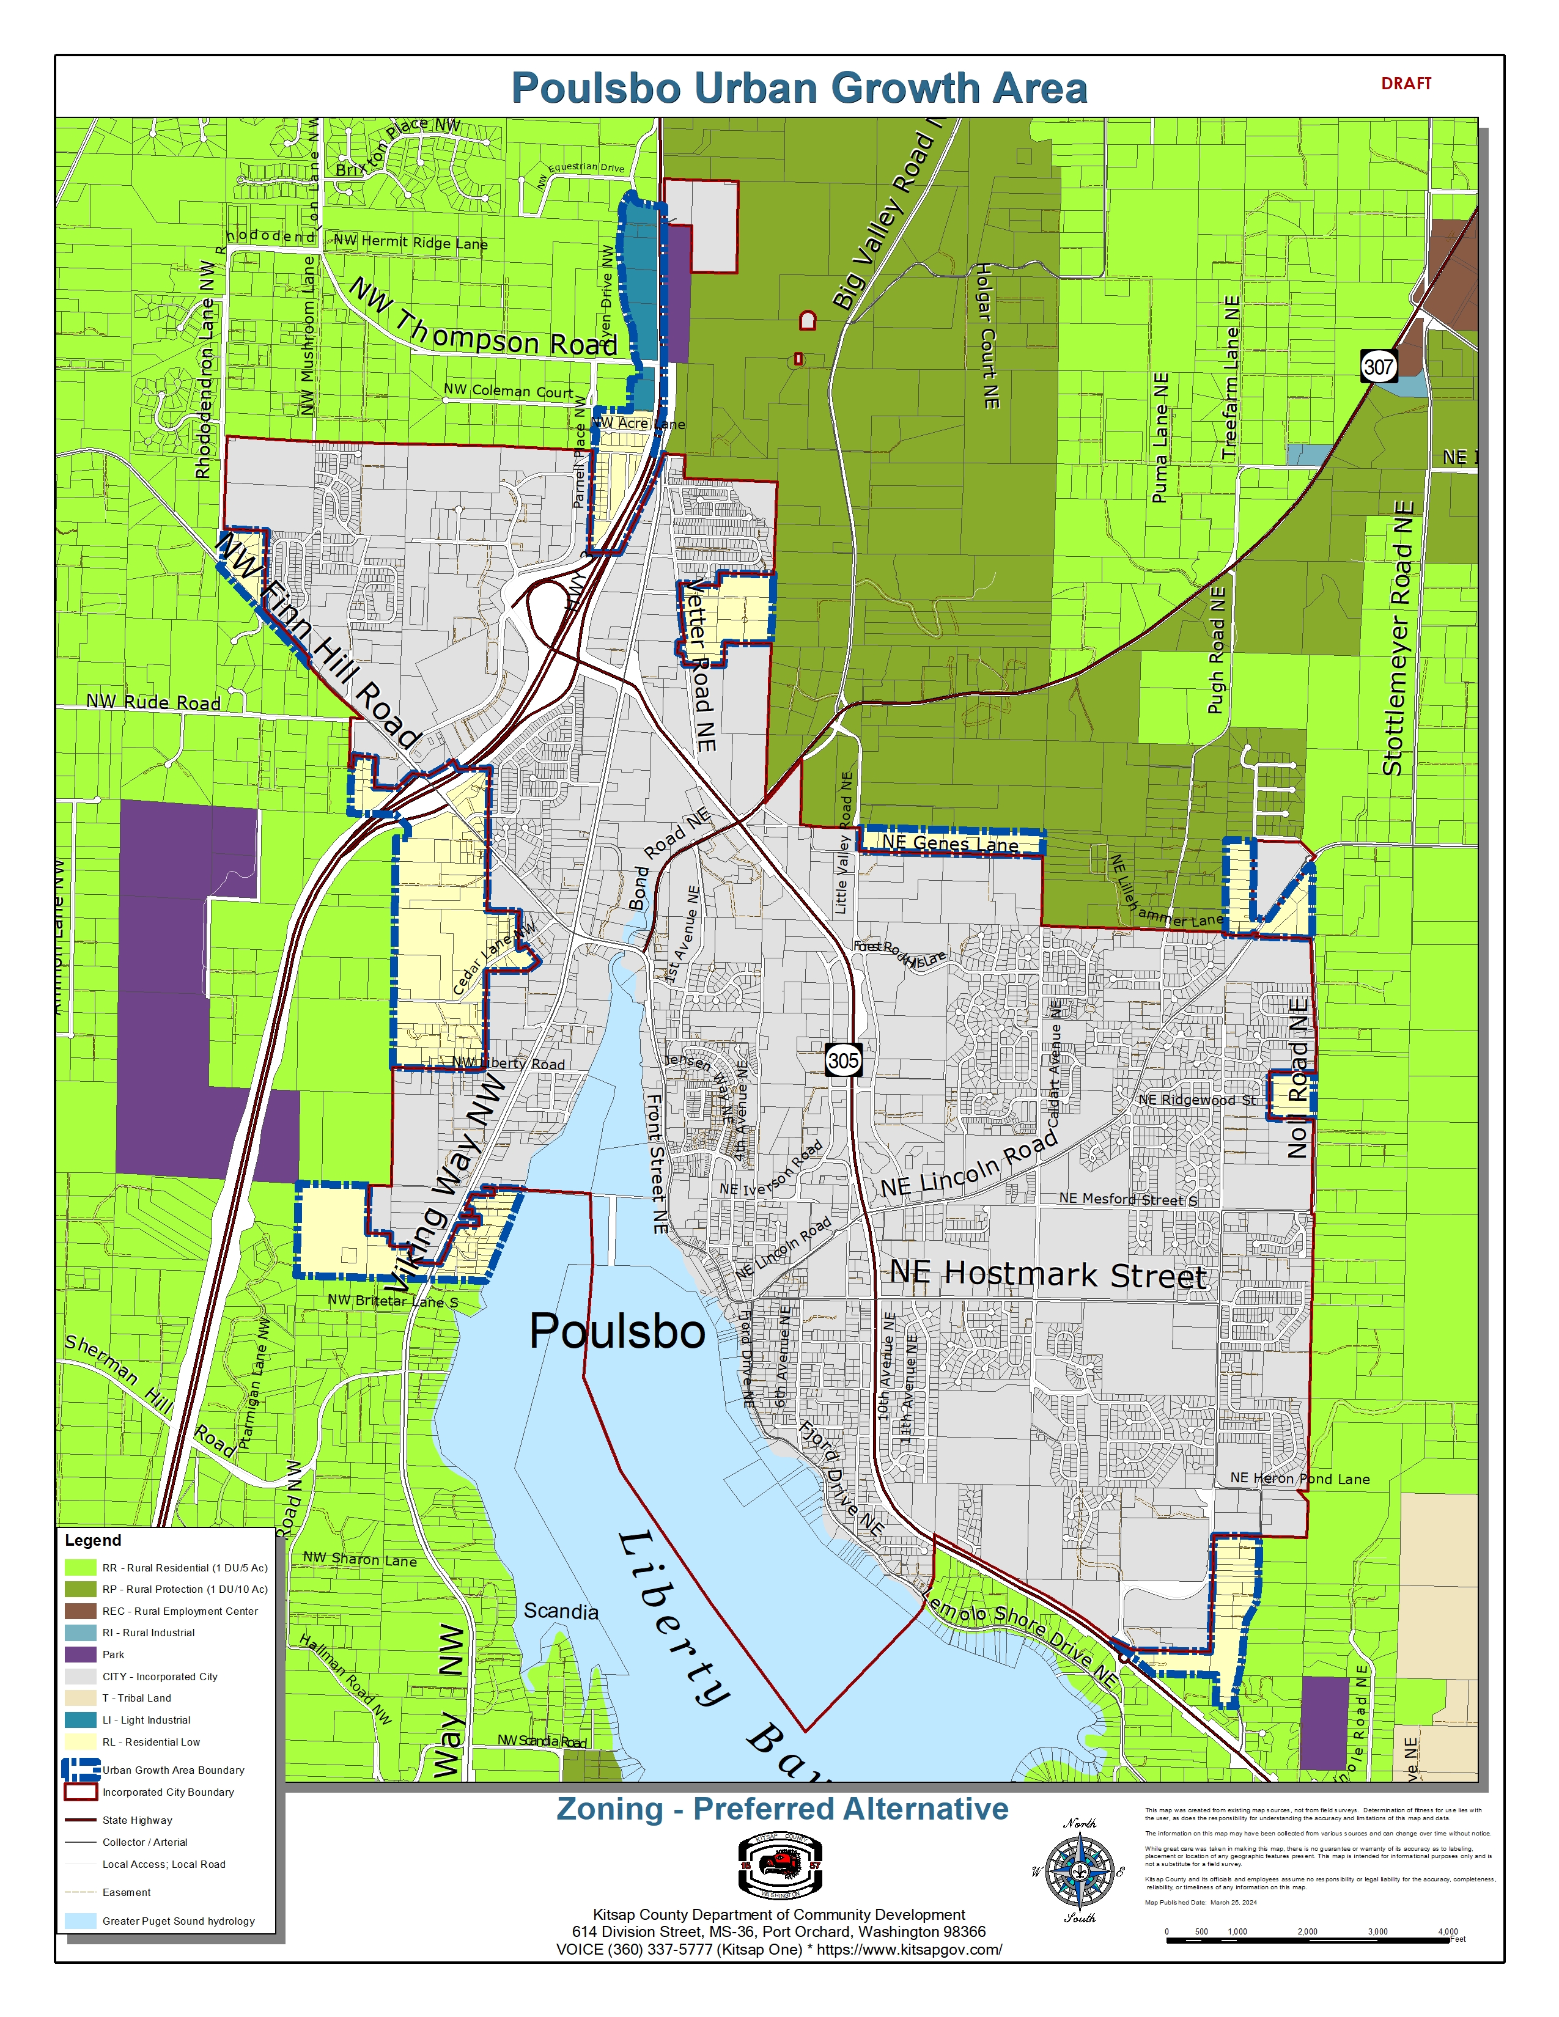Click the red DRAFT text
[1406, 83]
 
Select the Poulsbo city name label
[617, 1332]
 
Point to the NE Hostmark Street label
[1049, 1274]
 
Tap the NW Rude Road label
[153, 702]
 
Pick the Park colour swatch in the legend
[80, 1654]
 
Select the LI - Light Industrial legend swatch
[80, 1719]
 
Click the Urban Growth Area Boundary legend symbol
[80, 1769]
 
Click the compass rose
[1078, 1871]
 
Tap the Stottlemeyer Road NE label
[1398, 637]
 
